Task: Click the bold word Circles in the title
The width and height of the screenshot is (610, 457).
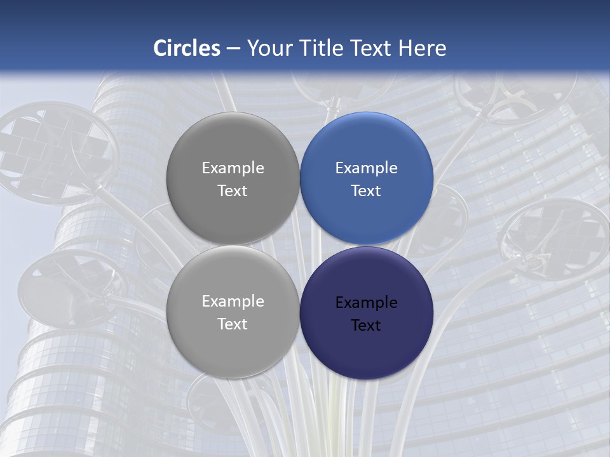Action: click(x=187, y=48)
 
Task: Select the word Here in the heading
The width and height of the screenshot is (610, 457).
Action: click(x=422, y=48)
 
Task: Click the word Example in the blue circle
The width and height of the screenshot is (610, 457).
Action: click(x=367, y=168)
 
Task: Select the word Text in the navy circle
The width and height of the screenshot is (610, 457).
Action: click(x=366, y=326)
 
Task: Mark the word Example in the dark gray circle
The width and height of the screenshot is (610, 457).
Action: click(x=233, y=168)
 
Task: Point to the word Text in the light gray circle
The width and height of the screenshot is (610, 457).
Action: click(x=233, y=324)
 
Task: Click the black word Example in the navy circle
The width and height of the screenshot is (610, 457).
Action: click(x=367, y=303)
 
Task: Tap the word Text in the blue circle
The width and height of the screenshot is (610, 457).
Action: click(x=366, y=191)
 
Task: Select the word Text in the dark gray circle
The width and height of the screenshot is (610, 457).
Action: click(x=233, y=191)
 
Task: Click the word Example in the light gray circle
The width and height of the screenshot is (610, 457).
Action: click(x=233, y=301)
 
